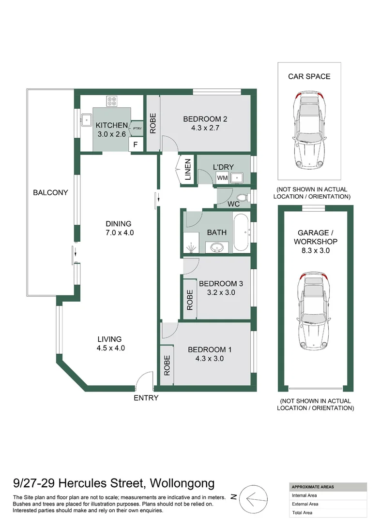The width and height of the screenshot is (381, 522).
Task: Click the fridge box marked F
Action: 136,145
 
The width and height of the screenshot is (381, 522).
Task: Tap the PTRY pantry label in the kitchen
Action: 137,129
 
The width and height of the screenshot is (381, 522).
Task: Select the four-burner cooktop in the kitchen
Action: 112,101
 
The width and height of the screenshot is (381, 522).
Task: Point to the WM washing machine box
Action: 222,178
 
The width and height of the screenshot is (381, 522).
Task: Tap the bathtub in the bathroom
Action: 241,232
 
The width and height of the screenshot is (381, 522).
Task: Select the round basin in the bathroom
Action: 219,247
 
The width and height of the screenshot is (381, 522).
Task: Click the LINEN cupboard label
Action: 188,169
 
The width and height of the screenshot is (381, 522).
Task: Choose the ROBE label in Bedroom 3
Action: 190,300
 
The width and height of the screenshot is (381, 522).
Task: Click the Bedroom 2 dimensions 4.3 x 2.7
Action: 205,128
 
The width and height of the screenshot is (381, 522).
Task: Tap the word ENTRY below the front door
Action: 146,398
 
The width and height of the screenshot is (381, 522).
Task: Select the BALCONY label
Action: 50,192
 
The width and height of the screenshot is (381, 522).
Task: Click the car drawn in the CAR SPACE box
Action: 309,130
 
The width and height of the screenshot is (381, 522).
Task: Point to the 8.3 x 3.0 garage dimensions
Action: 316,250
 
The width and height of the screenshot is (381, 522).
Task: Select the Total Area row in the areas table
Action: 328,513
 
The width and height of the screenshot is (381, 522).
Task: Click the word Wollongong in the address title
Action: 182,483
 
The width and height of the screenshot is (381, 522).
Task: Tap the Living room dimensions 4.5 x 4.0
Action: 111,348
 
